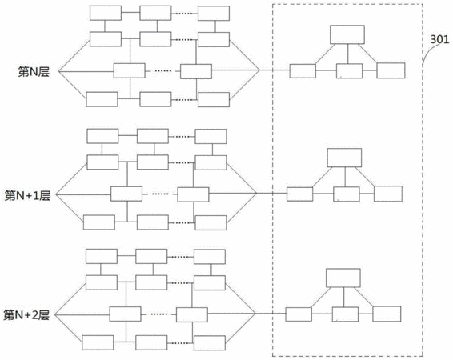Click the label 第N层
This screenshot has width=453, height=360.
(x=34, y=71)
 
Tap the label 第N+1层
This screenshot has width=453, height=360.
(x=28, y=195)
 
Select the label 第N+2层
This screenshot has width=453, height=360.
(x=26, y=315)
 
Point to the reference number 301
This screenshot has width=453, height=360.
(x=439, y=39)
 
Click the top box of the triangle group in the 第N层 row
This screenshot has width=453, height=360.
(x=347, y=34)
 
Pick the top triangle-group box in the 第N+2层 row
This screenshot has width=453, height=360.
(x=343, y=278)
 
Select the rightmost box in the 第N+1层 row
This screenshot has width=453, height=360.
(x=388, y=194)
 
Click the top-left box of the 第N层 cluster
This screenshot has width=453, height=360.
(x=106, y=13)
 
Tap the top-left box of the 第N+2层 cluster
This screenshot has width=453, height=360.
(x=102, y=256)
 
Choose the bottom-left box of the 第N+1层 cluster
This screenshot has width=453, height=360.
(x=99, y=222)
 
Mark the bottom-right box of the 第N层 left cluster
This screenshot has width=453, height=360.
(x=214, y=99)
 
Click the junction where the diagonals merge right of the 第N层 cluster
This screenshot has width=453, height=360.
(x=259, y=70)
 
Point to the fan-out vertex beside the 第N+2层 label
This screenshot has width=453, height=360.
(x=54, y=314)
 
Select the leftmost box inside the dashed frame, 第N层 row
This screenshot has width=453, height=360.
(x=303, y=71)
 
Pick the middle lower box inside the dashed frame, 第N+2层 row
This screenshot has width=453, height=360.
(x=345, y=314)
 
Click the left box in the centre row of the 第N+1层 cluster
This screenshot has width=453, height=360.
(x=126, y=194)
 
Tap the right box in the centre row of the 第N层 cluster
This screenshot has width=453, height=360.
(x=196, y=71)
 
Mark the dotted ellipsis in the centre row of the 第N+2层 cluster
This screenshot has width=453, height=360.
(x=159, y=314)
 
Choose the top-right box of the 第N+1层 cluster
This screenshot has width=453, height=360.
(x=210, y=136)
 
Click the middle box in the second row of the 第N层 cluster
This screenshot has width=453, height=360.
(x=155, y=39)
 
